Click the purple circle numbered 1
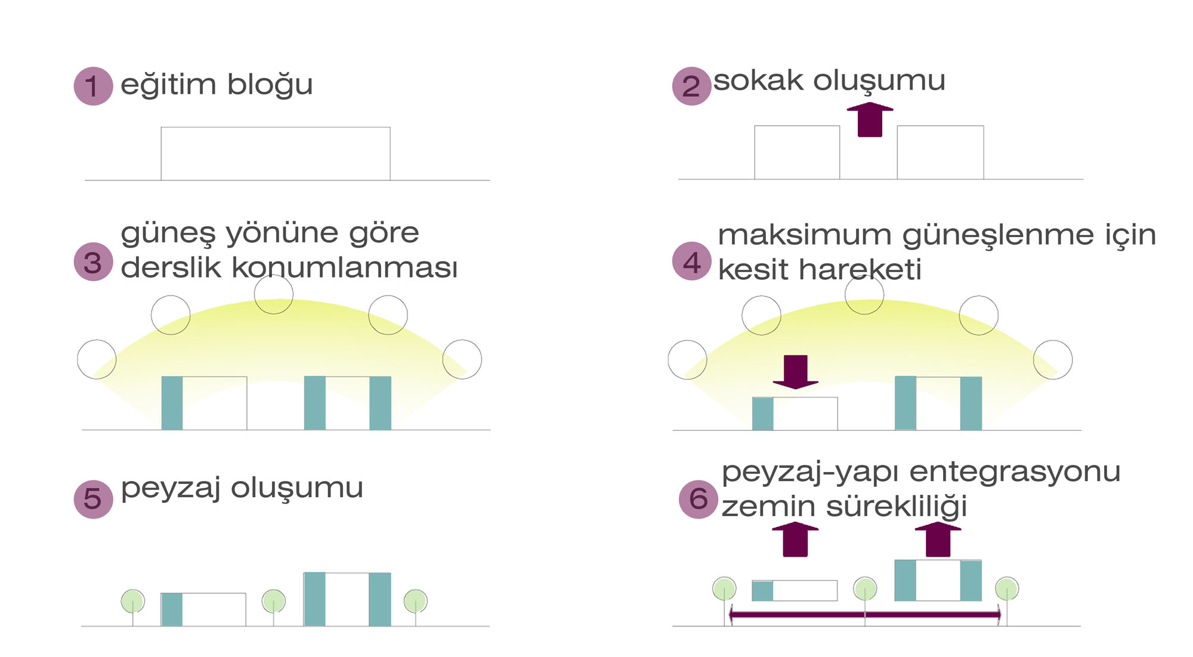(x=93, y=86)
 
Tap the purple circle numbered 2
(x=691, y=86)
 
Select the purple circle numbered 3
(x=93, y=262)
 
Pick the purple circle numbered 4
(x=691, y=261)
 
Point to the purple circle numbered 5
(x=93, y=499)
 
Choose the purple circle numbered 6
(x=698, y=499)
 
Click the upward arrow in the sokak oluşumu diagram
(x=870, y=120)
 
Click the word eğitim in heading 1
(x=168, y=85)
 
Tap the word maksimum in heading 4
(x=804, y=235)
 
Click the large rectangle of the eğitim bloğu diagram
(x=275, y=153)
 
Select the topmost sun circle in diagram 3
(x=274, y=294)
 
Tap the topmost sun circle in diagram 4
(x=864, y=295)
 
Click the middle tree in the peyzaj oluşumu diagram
(x=274, y=601)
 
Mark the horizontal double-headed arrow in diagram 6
(x=865, y=615)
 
